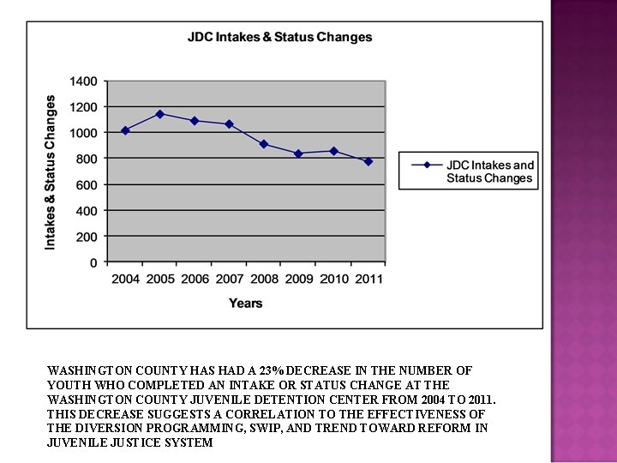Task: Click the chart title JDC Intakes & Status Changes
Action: point(279,37)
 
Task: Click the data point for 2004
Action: point(125,130)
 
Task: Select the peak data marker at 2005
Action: point(160,114)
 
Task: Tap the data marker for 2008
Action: point(264,144)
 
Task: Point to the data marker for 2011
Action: point(368,161)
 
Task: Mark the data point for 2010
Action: point(333,151)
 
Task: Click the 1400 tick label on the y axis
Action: point(83,81)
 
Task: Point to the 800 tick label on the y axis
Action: point(87,159)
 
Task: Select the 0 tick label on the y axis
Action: point(93,262)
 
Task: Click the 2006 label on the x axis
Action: point(195,280)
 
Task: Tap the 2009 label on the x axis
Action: point(299,280)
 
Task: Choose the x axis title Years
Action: point(245,303)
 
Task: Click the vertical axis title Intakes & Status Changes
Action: point(51,172)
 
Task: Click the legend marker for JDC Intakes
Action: point(427,165)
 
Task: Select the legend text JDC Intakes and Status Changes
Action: point(489,171)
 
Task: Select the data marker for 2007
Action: point(230,124)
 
